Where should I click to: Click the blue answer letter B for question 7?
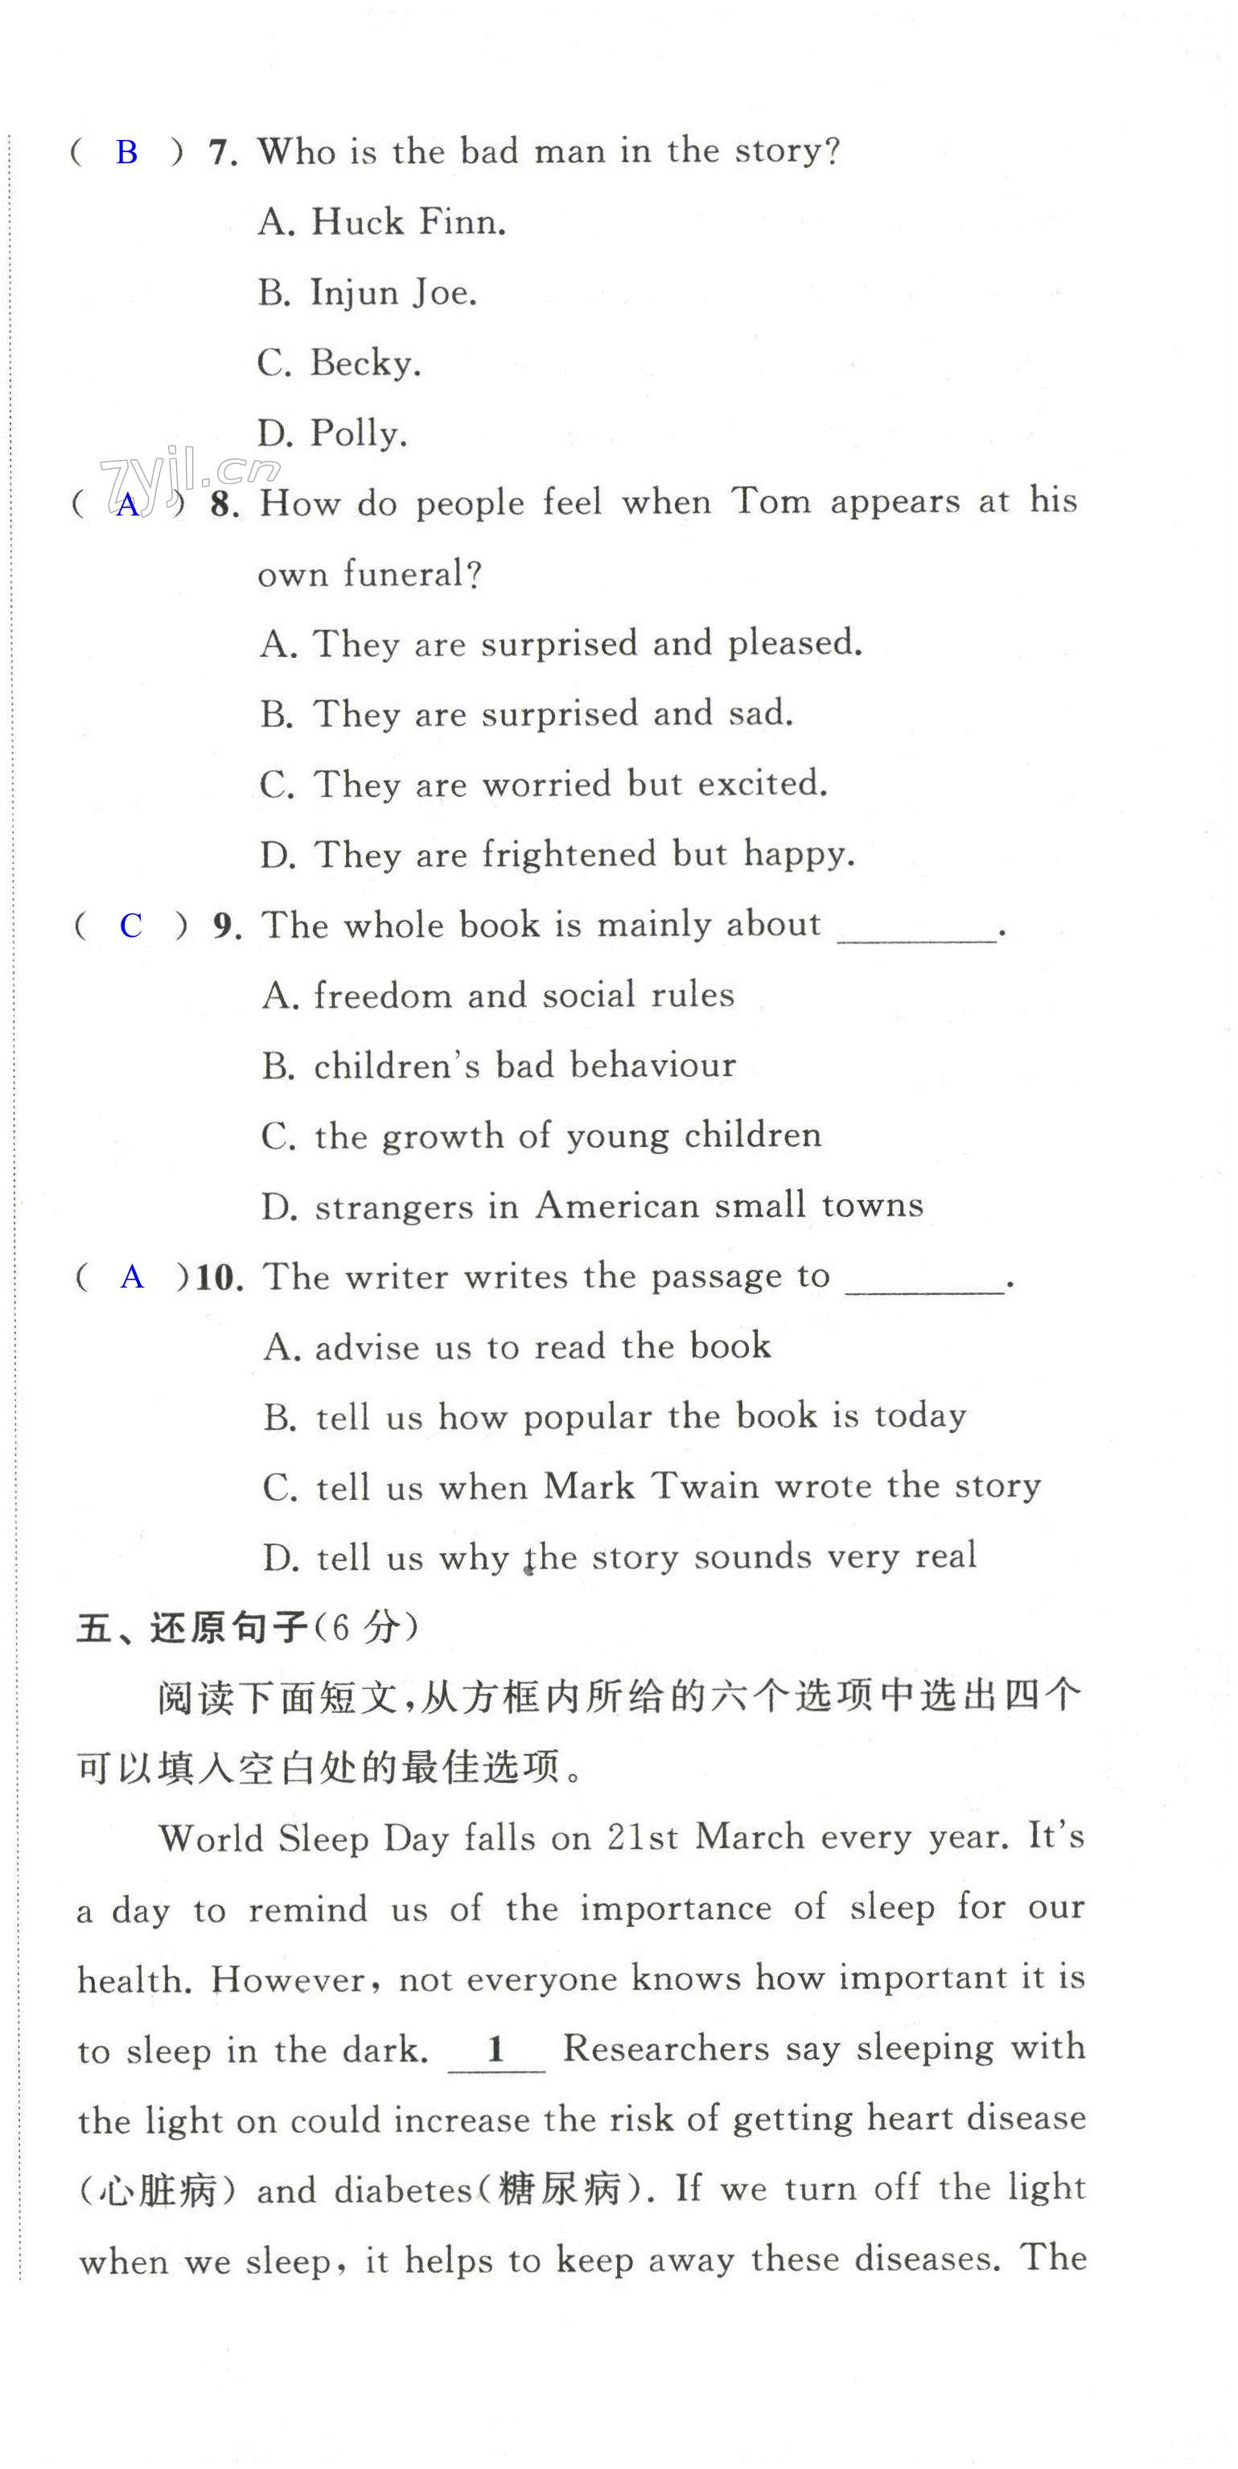click(126, 152)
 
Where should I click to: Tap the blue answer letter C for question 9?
click(130, 926)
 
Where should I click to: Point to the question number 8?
click(224, 505)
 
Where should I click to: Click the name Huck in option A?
click(356, 222)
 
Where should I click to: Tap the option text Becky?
click(365, 364)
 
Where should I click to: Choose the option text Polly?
click(359, 434)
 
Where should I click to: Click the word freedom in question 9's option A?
click(381, 996)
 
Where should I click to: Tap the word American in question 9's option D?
click(617, 1206)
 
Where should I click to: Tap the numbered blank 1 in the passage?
click(496, 2049)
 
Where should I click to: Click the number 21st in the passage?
click(642, 1838)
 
